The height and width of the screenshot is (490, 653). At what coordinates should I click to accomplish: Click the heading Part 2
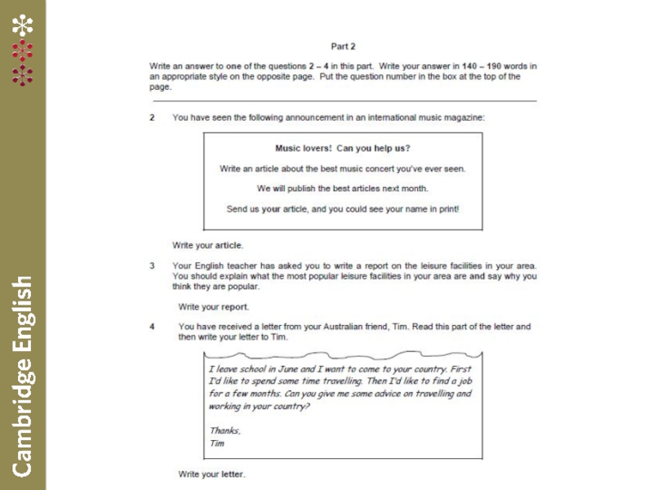tap(343, 47)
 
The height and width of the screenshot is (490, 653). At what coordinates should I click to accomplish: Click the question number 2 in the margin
tap(152, 118)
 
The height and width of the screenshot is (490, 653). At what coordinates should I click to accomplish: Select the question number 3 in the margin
tap(152, 265)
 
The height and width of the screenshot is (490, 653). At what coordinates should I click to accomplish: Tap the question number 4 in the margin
tap(152, 327)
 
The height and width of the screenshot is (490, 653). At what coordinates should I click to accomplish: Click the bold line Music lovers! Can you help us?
tap(342, 149)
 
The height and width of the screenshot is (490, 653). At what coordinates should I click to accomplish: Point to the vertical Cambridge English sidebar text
tap(22, 376)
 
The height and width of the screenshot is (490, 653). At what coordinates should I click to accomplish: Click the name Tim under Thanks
tap(216, 443)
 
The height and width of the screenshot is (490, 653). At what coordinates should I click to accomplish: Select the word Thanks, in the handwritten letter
tap(224, 430)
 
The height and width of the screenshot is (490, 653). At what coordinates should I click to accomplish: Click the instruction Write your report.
tap(214, 307)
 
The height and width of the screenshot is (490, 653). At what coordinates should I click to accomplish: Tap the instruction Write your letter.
tap(211, 474)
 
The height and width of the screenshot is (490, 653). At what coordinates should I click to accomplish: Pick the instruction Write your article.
tap(207, 245)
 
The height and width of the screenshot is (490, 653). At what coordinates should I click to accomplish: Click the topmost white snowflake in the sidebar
tap(22, 25)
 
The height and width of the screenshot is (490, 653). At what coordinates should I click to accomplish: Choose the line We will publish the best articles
tap(342, 189)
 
